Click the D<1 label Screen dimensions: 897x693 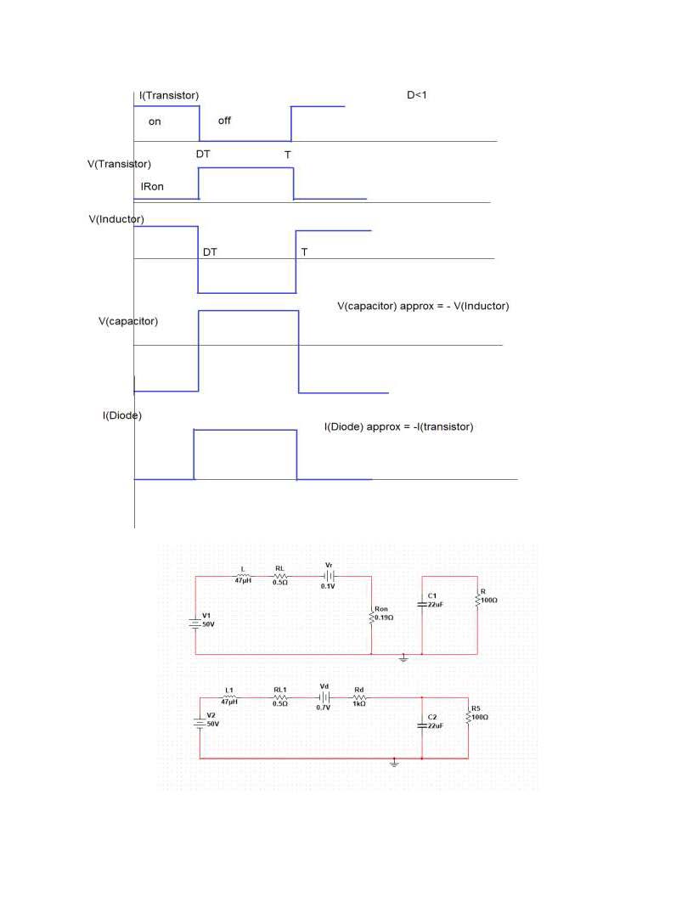point(416,95)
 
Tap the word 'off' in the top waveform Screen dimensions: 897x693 point(224,121)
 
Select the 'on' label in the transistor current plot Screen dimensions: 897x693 point(155,121)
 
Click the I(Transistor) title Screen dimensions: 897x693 point(170,95)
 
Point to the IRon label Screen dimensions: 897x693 point(152,186)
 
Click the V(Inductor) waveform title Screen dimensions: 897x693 point(116,219)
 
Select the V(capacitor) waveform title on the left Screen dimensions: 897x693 point(128,321)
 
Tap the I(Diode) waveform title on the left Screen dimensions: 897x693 point(122,415)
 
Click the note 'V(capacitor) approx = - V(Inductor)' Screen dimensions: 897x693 point(423,306)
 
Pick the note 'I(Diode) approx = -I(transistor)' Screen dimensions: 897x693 point(398,426)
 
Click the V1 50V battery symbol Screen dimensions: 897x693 point(196,623)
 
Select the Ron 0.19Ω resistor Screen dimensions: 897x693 point(371,616)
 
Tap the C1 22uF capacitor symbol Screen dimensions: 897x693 point(422,604)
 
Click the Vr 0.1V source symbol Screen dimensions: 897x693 point(329,576)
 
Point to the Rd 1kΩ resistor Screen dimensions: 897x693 point(358,697)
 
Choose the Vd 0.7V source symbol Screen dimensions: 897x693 point(324,697)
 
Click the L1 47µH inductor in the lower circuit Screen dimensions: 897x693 point(229,697)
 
